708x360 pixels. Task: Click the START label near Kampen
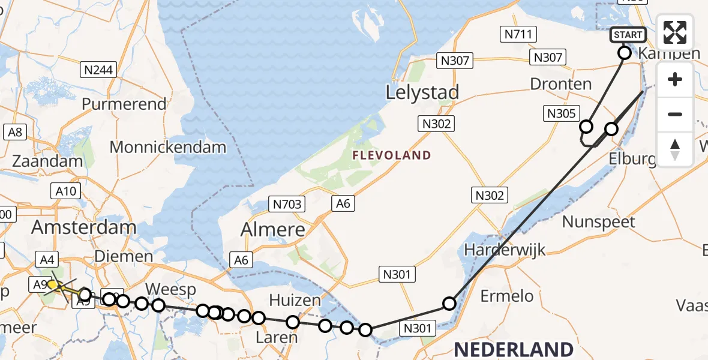[x=628, y=35]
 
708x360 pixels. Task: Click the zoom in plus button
[x=675, y=80]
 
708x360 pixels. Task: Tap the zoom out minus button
[x=675, y=115]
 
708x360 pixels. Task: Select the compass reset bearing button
[x=675, y=149]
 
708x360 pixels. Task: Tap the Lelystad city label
[x=422, y=92]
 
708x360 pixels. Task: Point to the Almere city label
[x=272, y=229]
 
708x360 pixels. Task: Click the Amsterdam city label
[x=83, y=227]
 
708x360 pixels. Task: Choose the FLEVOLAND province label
[x=391, y=155]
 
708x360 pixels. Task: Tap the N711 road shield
[x=518, y=35]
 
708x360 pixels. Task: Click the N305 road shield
[x=560, y=113]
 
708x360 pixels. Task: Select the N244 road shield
[x=98, y=70]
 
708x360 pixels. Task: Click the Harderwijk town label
[x=505, y=249]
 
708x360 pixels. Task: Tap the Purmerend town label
[x=124, y=104]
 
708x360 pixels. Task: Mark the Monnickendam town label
[x=167, y=147]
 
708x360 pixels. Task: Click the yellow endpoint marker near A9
[x=53, y=284]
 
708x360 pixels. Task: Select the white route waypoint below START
[x=624, y=53]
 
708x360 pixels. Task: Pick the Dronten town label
[x=560, y=84]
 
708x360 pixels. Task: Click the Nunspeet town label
[x=598, y=222]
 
